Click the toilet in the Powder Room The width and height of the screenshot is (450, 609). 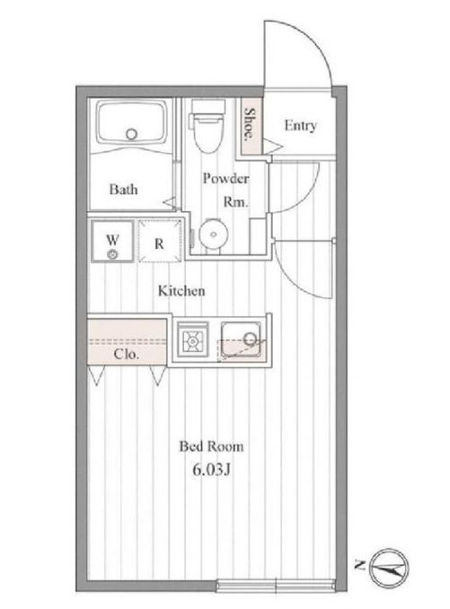[x=207, y=126]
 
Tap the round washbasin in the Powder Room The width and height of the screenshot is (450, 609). [x=213, y=234]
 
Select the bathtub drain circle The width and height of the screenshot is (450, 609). [x=132, y=135]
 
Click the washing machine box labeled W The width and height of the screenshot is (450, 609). [x=112, y=242]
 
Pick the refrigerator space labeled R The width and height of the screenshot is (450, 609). [x=160, y=242]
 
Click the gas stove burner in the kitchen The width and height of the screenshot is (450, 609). [x=192, y=340]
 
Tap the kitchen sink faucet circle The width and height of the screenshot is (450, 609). [x=251, y=340]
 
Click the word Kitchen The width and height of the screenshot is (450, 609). [x=181, y=290]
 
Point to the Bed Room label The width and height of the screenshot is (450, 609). [x=212, y=446]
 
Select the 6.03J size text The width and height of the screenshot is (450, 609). [x=212, y=470]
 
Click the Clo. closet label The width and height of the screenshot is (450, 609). [x=126, y=354]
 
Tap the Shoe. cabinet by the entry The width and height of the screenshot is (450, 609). [x=250, y=125]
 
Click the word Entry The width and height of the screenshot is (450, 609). [x=300, y=126]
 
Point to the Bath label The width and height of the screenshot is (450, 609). [x=123, y=190]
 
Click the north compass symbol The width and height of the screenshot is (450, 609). [x=389, y=568]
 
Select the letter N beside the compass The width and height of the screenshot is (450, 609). [x=359, y=565]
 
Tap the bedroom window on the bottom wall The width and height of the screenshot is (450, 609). [x=276, y=585]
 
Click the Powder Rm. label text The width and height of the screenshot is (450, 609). [x=226, y=190]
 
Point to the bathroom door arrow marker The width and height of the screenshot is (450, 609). [x=170, y=203]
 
